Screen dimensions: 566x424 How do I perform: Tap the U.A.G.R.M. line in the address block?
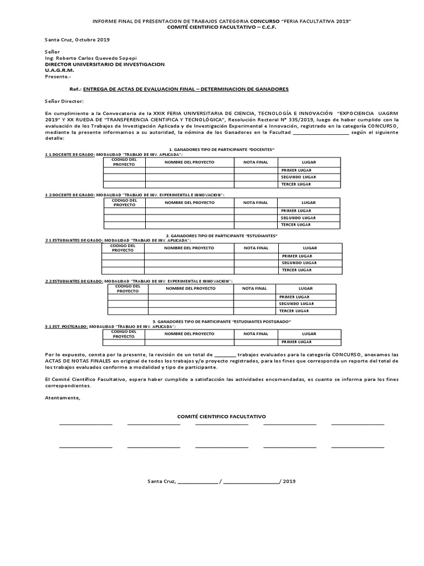tap(59, 70)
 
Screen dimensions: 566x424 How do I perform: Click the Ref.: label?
tap(75, 89)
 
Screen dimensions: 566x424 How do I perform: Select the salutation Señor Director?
tap(64, 102)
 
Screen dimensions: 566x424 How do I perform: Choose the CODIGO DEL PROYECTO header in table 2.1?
tap(123, 248)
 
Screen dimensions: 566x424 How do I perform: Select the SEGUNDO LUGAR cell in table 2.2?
tap(296, 303)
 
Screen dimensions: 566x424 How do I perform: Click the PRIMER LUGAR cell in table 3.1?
tap(296, 342)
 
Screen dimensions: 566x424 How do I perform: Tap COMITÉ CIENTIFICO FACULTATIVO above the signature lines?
tap(221, 415)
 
